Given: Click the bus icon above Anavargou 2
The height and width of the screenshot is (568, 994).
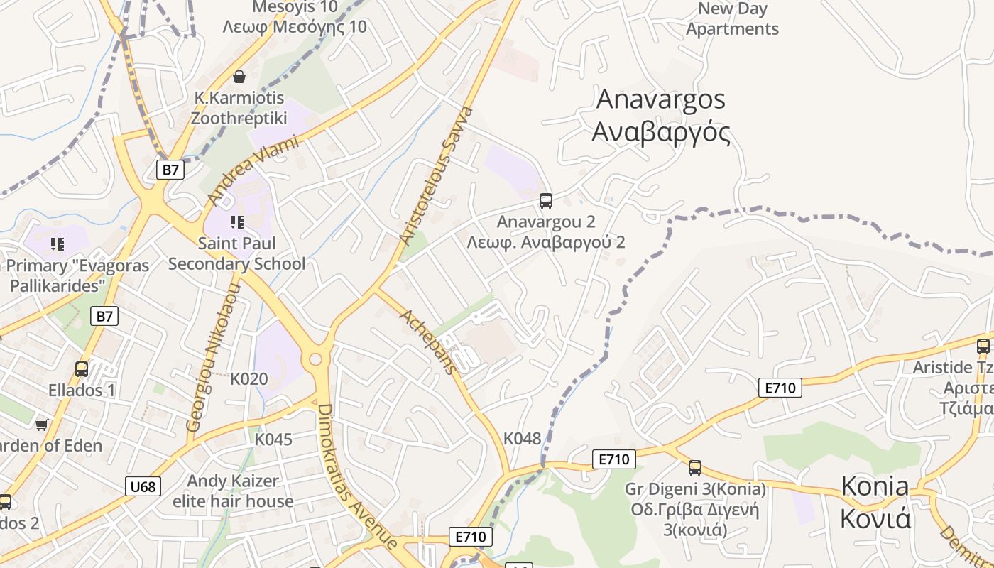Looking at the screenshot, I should pos(545,201).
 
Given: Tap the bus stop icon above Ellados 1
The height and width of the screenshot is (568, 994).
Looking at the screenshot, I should pos(82,369).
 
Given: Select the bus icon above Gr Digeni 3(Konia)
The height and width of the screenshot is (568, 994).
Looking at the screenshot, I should pos(695,468).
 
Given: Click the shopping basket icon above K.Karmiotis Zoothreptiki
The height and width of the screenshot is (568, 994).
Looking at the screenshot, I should pos(239,76).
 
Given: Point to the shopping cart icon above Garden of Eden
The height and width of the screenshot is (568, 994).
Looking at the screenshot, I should pos(41,425).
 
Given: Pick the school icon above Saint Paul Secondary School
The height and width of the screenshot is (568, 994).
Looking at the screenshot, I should pos(237,222).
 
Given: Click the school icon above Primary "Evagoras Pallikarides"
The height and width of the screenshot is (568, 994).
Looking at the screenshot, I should pos(58,244).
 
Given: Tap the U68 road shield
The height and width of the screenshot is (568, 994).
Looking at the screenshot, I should pos(143,486).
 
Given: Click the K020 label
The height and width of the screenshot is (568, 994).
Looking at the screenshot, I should pos(249,378).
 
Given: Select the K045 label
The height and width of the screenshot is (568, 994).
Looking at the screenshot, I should pos(273,439).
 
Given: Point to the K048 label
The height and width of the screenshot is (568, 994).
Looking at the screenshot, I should pos(522,438).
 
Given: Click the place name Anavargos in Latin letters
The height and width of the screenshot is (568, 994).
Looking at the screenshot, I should pos(660,99).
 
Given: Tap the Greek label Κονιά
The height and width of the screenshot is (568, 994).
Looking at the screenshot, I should pos(875,519).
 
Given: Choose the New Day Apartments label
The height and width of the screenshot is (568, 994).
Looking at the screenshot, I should pos(733,19).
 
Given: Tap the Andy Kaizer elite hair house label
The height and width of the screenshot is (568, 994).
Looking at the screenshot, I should pos(233,491).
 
